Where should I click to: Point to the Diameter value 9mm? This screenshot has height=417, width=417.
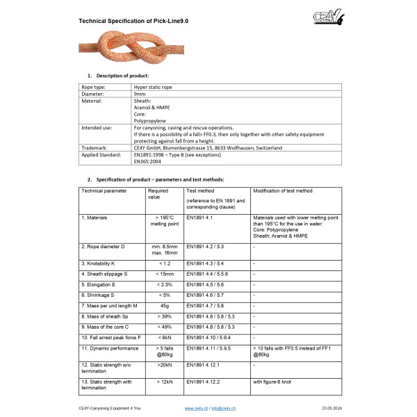pyautogui.click(x=140, y=93)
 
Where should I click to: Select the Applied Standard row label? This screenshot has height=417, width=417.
pyautogui.click(x=101, y=155)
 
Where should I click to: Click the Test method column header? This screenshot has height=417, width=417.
pyautogui.click(x=201, y=190)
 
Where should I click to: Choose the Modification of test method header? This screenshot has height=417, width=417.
pyautogui.click(x=282, y=190)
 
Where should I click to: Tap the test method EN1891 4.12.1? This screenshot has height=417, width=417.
pyautogui.click(x=204, y=363)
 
